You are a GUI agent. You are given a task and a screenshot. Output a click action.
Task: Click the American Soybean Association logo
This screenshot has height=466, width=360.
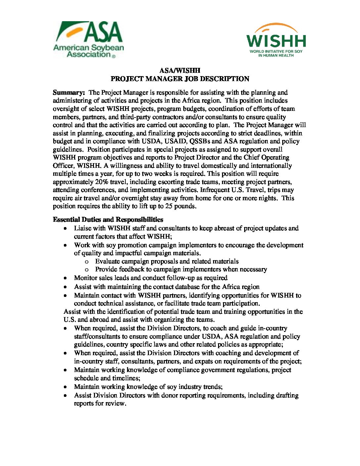click(88, 39)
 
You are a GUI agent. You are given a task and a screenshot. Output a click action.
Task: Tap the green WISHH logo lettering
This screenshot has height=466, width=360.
click(276, 41)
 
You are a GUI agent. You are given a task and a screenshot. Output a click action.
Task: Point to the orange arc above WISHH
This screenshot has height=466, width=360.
click(276, 26)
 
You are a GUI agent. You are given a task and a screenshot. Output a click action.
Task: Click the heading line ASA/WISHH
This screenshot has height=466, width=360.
click(180, 70)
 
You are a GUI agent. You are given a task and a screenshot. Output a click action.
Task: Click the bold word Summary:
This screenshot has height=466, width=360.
click(69, 92)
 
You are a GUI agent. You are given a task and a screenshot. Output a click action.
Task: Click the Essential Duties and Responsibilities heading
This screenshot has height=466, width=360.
click(108, 219)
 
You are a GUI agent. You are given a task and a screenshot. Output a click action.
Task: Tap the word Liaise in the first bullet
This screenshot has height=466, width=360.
click(83, 228)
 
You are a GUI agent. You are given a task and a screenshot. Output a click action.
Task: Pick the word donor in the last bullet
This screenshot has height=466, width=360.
click(169, 395)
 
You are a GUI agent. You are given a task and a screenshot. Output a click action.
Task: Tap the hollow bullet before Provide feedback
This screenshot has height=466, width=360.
click(87, 270)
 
